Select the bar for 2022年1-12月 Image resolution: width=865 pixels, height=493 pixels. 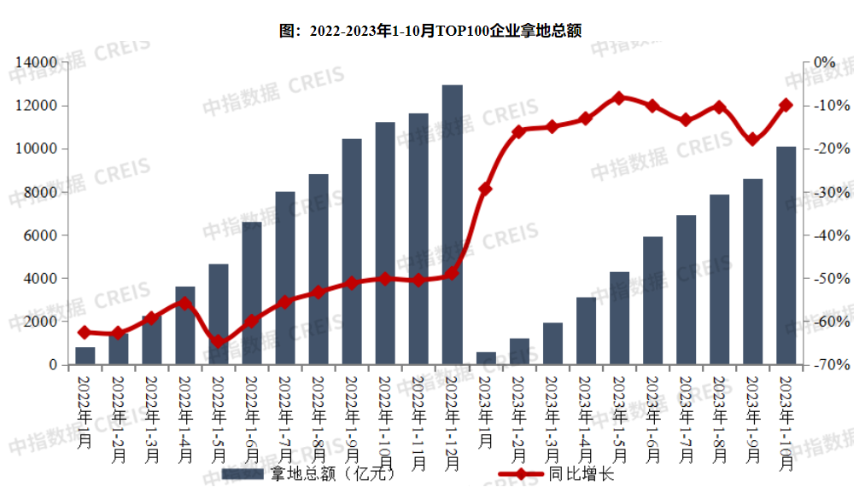tap(453, 225)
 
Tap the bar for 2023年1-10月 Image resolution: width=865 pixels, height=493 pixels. tap(786, 256)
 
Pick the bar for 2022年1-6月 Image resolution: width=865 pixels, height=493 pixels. tap(252, 293)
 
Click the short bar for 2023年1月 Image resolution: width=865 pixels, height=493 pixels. tap(486, 358)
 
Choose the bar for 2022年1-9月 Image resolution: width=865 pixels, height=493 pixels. tap(352, 252)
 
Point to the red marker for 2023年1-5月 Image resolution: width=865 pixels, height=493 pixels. tap(619, 98)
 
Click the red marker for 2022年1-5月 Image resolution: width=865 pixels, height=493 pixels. tap(219, 342)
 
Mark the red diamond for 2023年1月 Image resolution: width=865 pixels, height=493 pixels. tap(486, 188)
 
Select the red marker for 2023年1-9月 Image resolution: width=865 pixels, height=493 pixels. tap(752, 139)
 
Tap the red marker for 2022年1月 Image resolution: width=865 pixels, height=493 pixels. tap(85, 332)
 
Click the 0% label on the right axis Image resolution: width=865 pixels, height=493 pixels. tap(824, 62)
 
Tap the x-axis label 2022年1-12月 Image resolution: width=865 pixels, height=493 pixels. tap(453, 422)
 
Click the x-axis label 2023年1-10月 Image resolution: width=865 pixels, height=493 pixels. tap(786, 422)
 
